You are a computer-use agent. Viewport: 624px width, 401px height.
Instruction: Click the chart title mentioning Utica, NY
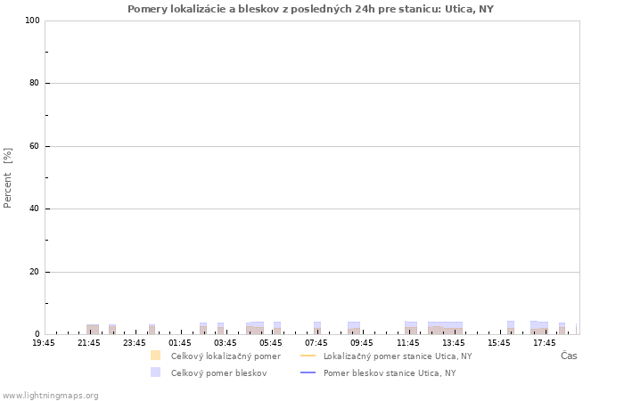[x=310, y=9]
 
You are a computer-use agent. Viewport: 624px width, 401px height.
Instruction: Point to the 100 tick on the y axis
[x=32, y=20]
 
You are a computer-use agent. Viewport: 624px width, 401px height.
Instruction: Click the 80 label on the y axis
[x=34, y=83]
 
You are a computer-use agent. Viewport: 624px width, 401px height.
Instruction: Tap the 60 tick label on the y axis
[x=34, y=146]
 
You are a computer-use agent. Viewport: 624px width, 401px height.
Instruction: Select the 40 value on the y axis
[x=34, y=209]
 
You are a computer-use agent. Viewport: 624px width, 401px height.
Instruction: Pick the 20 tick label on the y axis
[x=34, y=272]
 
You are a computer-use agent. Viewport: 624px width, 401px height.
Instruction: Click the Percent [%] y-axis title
[x=7, y=178]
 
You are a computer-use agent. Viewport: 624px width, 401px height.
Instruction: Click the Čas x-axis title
[x=569, y=356]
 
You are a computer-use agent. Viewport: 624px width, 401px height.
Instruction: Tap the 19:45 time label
[x=44, y=343]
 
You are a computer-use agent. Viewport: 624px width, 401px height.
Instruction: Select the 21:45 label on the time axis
[x=89, y=343]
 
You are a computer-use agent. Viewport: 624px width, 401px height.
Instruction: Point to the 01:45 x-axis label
[x=180, y=343]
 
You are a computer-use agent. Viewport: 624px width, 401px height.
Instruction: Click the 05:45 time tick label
[x=271, y=343]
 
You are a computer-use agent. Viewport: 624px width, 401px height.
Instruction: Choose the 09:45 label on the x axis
[x=362, y=343]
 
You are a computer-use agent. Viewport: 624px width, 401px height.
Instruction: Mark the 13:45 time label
[x=453, y=343]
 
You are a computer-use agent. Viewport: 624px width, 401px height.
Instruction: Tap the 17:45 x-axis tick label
[x=545, y=343]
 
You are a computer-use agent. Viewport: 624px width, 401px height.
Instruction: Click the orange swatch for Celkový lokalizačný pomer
[x=156, y=356]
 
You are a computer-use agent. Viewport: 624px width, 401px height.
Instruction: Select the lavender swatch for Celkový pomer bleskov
[x=156, y=372]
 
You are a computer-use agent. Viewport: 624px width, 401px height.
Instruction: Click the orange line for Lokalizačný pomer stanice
[x=308, y=356]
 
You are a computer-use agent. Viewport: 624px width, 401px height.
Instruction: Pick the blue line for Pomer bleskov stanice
[x=308, y=372]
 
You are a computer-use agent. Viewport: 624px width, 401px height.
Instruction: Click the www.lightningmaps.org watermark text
[x=51, y=396]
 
